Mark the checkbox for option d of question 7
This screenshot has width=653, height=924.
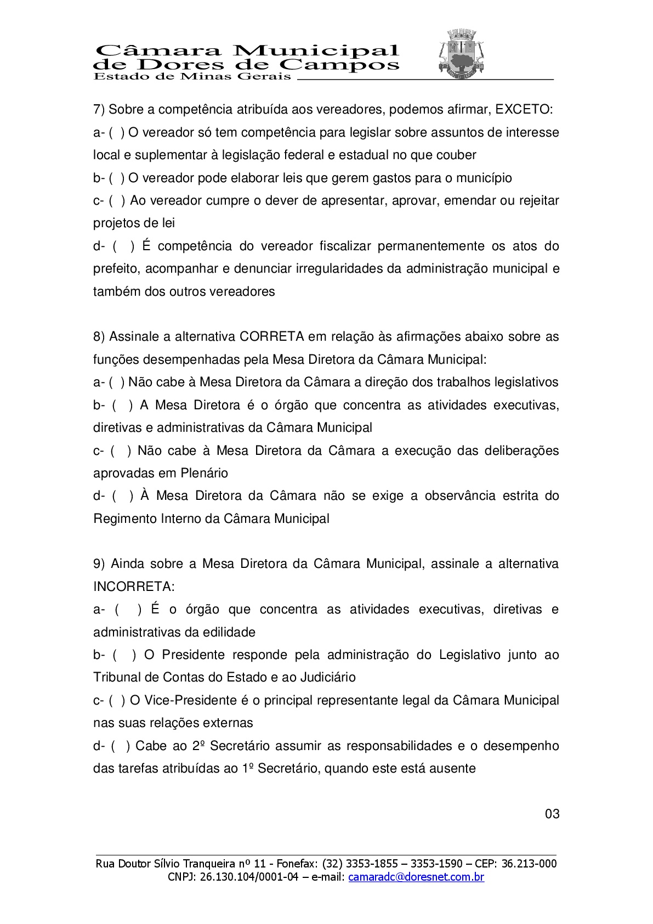(124, 246)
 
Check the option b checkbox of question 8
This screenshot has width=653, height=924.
(122, 405)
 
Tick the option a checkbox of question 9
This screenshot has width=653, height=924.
(128, 610)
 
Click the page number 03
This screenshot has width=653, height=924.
(552, 814)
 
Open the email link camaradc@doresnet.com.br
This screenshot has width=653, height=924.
(416, 877)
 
